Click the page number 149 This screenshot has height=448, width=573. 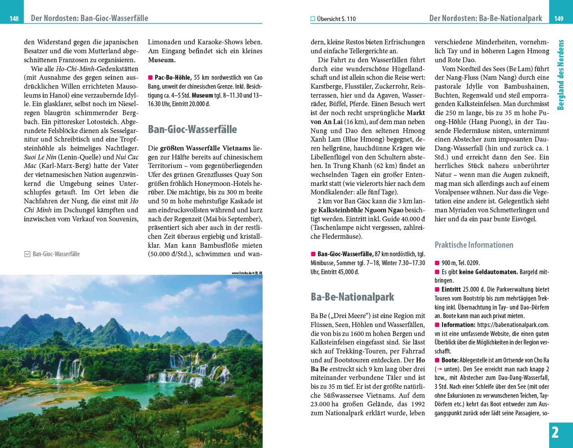[x=559, y=19]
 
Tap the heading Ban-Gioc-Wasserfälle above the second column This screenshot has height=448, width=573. [x=192, y=129]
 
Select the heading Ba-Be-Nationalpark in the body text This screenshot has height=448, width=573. [x=352, y=297]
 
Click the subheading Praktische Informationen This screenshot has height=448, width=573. [x=474, y=245]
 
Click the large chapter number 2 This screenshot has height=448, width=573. [x=555, y=433]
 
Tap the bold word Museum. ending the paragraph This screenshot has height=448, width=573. [x=162, y=60]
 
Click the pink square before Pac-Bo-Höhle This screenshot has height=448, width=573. [x=151, y=77]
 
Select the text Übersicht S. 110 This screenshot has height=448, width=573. [x=336, y=19]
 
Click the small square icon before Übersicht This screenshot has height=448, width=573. [x=313, y=19]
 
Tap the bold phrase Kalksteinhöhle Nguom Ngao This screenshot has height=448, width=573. [x=361, y=210]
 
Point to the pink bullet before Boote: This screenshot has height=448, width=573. [x=437, y=360]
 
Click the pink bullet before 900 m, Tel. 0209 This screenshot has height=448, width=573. [x=437, y=263]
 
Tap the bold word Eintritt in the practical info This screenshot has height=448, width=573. [x=451, y=289]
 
